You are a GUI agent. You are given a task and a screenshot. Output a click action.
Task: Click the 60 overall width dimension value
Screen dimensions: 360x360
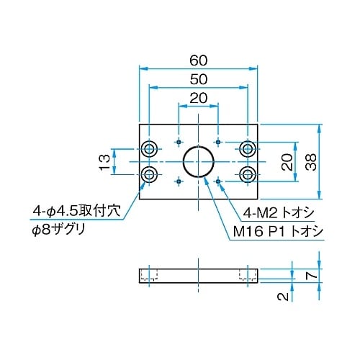tap(197, 59)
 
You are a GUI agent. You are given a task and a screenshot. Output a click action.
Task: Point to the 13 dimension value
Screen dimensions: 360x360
tap(105, 162)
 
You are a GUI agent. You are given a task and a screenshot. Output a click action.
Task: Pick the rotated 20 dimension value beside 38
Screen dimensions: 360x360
tap(286, 162)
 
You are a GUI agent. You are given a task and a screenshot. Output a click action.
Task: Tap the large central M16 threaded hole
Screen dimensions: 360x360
tap(198, 163)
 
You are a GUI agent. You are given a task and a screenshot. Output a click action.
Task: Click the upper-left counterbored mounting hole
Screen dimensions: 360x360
tap(150, 149)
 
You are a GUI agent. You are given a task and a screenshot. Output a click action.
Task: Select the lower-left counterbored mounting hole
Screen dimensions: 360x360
tap(150, 175)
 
